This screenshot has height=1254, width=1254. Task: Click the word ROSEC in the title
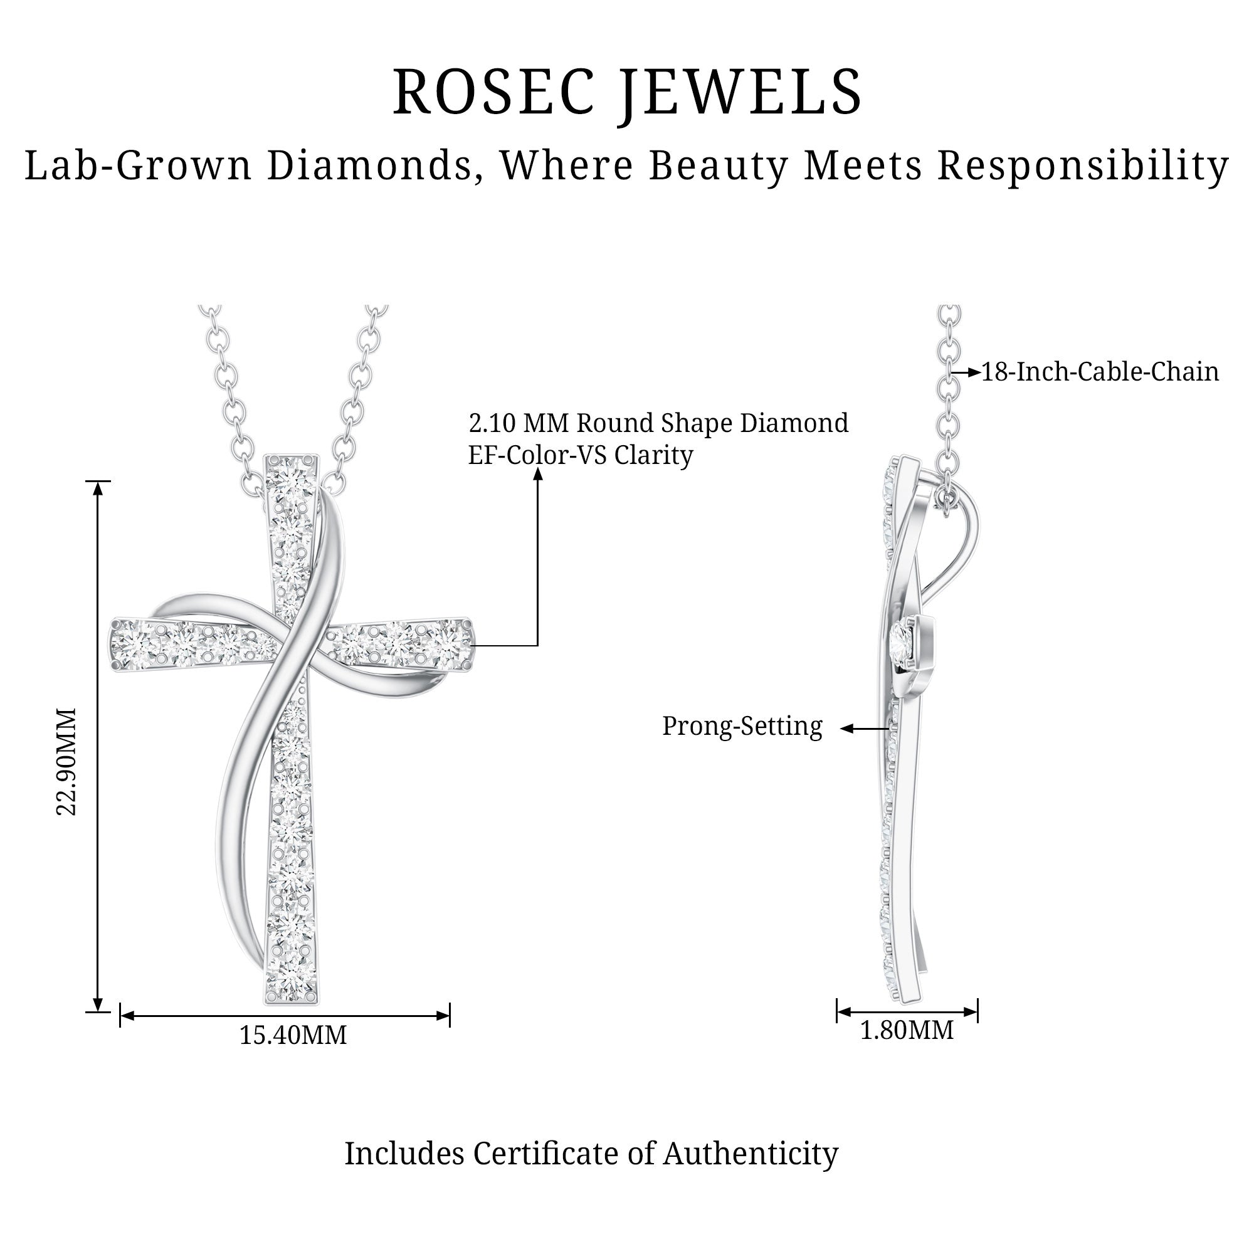(x=493, y=92)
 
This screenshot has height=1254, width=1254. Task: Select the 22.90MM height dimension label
(x=66, y=761)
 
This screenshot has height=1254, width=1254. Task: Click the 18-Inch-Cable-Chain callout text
(x=1100, y=372)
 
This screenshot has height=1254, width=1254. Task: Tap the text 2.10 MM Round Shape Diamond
(x=658, y=423)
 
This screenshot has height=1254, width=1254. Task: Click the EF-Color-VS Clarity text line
(x=580, y=455)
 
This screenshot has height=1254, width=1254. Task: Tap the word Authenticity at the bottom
(x=751, y=1154)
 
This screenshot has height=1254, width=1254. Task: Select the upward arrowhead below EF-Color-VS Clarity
(x=537, y=474)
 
